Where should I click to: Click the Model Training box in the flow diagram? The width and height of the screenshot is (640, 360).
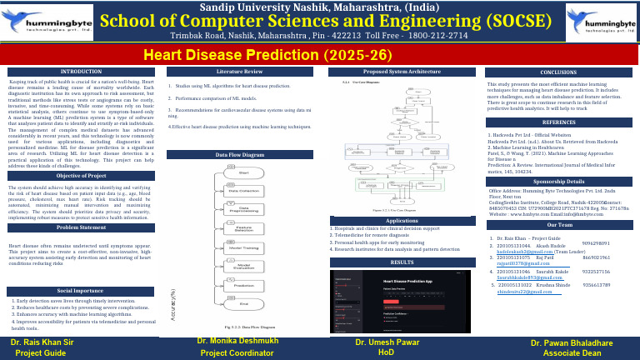tap(243, 247)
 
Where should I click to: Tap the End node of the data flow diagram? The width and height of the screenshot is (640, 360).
tap(244, 303)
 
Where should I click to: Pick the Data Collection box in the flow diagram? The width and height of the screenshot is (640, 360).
tap(243, 191)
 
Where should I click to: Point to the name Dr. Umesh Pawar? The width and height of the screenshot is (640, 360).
tap(386, 342)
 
